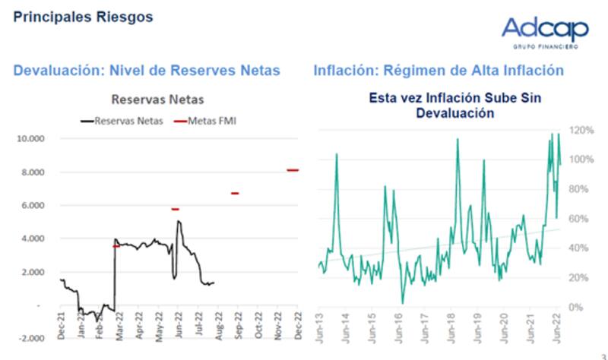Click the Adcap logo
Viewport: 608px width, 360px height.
click(544, 31)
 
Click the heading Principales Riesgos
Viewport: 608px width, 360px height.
click(83, 16)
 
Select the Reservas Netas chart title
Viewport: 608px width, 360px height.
click(157, 99)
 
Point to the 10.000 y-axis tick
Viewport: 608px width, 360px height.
click(34, 139)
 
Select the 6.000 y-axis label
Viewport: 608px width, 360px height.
click(36, 205)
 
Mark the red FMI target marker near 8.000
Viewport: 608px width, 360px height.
click(293, 170)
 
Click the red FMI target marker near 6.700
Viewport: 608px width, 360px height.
click(235, 193)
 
